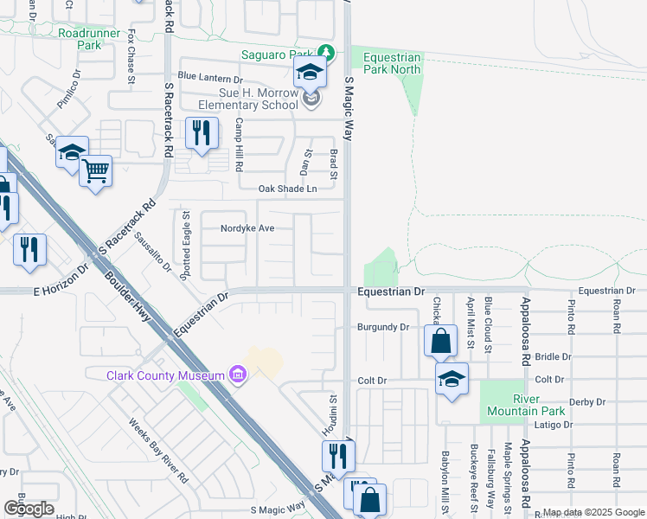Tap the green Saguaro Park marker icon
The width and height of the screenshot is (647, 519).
pos(325,53)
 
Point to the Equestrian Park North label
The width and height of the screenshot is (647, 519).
pos(392,63)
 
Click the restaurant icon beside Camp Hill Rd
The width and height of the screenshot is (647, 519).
pos(201,133)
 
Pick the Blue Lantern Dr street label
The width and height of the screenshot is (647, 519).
pos(210,78)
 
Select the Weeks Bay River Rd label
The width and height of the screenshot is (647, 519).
pos(158,451)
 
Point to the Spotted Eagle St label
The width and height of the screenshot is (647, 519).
pos(185,243)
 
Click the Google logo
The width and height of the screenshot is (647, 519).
pos(29,508)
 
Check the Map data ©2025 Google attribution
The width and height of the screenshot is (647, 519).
pos(593,512)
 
